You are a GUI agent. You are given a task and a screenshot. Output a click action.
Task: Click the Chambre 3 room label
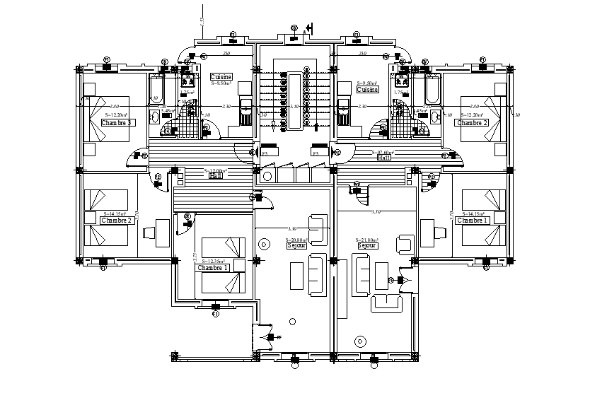[x=117, y=122]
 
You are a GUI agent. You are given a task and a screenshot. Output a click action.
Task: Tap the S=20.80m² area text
[x=296, y=240]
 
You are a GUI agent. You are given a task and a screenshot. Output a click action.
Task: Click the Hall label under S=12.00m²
[x=215, y=176]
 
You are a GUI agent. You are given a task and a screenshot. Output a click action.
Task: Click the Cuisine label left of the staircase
[x=222, y=77]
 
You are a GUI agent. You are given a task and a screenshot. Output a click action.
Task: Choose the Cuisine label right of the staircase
[x=368, y=90]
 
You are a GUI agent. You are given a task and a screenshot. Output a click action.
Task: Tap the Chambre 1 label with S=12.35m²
[x=213, y=268]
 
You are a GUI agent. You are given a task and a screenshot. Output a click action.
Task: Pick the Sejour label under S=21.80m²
[x=366, y=245]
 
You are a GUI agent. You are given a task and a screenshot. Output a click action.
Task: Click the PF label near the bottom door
[x=279, y=338]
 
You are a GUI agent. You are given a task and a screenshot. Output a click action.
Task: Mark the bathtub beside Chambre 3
[x=156, y=92]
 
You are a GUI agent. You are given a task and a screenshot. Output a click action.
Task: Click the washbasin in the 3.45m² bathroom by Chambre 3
[x=155, y=116]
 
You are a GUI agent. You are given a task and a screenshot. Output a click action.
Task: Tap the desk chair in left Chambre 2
[x=149, y=232]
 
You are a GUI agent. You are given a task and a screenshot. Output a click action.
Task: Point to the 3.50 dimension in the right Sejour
[x=376, y=212]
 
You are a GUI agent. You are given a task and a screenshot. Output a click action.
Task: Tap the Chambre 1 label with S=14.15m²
[x=473, y=221]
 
